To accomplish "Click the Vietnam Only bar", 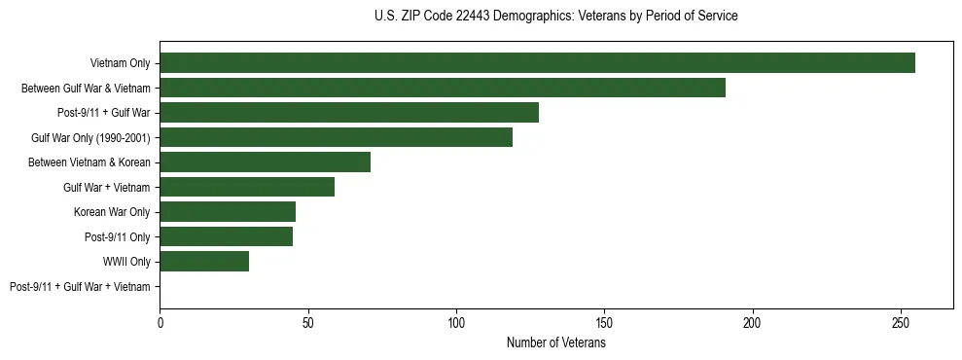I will (x=537, y=62).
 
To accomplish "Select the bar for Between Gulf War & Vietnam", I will (x=443, y=88).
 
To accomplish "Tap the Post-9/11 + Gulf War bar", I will (x=349, y=112).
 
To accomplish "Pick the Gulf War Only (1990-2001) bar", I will (x=336, y=137).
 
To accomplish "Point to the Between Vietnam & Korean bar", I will (x=265, y=162).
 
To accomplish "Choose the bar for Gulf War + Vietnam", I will (x=247, y=187).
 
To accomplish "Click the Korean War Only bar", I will (x=228, y=211).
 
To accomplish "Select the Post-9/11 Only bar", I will (x=226, y=236).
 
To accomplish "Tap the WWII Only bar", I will (x=204, y=261).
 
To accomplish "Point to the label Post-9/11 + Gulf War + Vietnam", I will (x=80, y=287).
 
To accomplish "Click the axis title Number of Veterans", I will (x=555, y=342).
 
